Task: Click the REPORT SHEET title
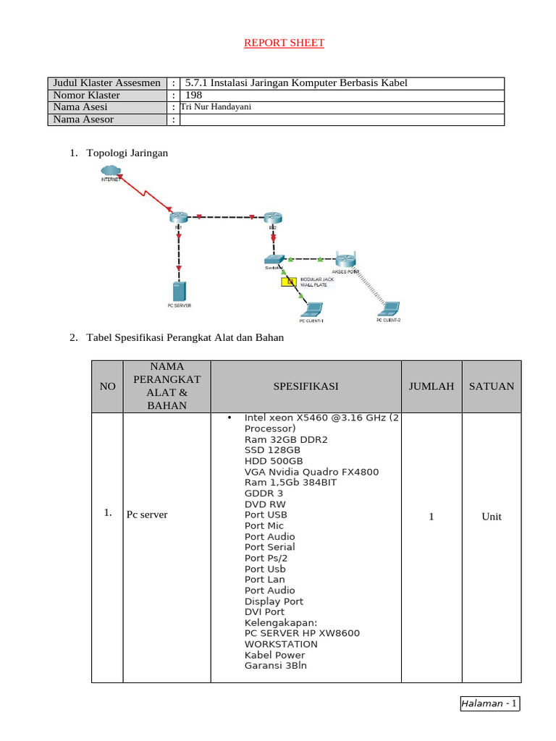pyautogui.click(x=284, y=43)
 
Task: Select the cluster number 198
pyautogui.click(x=194, y=95)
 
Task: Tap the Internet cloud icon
pyautogui.click(x=111, y=171)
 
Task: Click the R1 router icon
pyautogui.click(x=178, y=217)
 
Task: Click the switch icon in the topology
pyautogui.click(x=274, y=258)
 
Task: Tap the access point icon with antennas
pyautogui.click(x=345, y=260)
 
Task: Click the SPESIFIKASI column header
pyautogui.click(x=306, y=386)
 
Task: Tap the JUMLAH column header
pyautogui.click(x=431, y=386)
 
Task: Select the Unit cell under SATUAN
pyautogui.click(x=492, y=517)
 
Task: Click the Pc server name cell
pyautogui.click(x=147, y=515)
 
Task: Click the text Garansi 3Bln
pyautogui.click(x=276, y=665)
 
